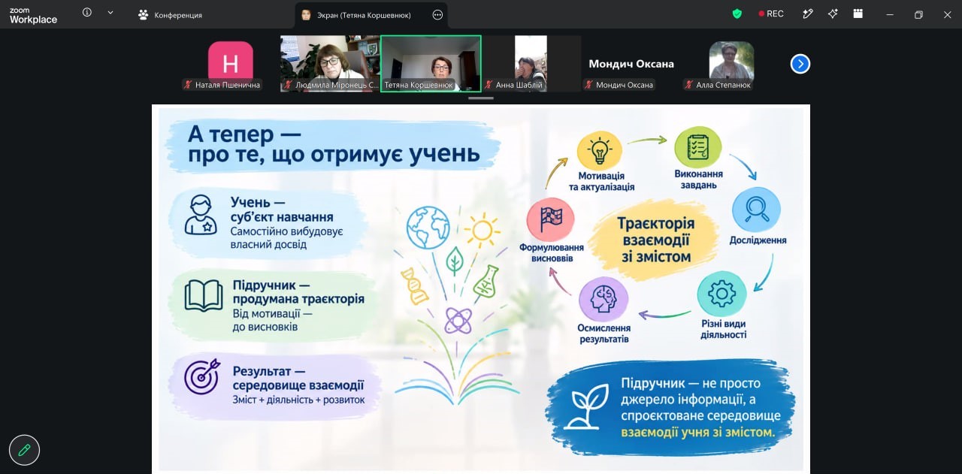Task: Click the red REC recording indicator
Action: [x=771, y=14]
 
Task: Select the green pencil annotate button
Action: [x=24, y=450]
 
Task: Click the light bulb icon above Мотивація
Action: [x=600, y=150]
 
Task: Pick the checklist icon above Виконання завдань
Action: [x=698, y=146]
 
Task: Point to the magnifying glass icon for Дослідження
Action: [x=756, y=210]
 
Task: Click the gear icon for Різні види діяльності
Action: [x=721, y=294]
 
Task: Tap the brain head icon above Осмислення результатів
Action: [x=603, y=299]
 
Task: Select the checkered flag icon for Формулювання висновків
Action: [x=551, y=219]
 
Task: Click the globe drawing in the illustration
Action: [x=428, y=228]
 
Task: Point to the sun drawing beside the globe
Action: [x=483, y=230]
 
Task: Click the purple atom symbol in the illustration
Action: [x=458, y=320]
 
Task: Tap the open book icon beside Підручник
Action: [x=204, y=295]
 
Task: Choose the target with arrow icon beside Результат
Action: [x=202, y=376]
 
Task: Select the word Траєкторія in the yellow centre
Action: [x=656, y=223]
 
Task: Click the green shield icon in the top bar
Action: [x=737, y=14]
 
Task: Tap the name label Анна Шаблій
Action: [x=519, y=85]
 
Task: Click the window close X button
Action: [x=947, y=14]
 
